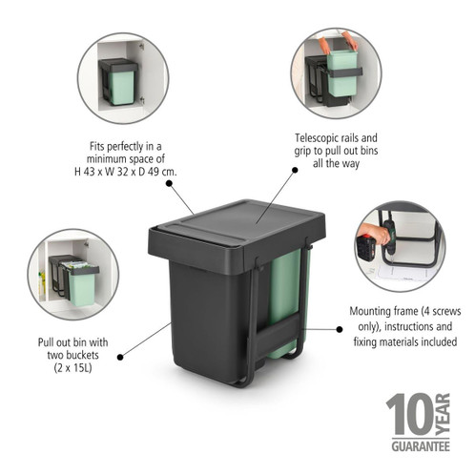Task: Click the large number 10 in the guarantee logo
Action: click(x=407, y=417)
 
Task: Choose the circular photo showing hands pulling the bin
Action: click(x=334, y=73)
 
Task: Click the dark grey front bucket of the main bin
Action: click(x=204, y=315)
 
